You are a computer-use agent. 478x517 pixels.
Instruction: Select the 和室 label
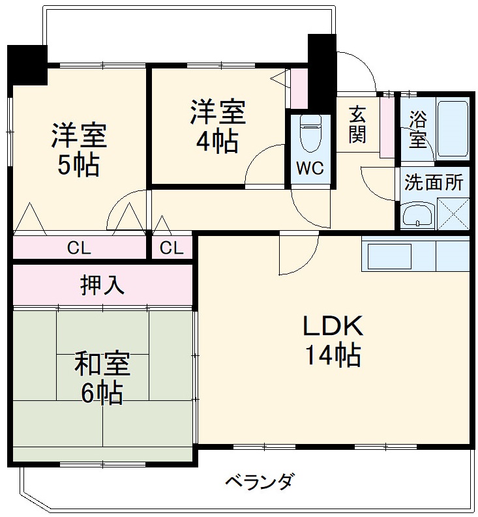click(x=102, y=364)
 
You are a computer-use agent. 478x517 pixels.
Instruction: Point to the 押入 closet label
click(x=102, y=284)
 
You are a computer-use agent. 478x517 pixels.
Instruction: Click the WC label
click(x=310, y=168)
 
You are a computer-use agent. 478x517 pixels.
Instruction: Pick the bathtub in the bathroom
click(x=453, y=128)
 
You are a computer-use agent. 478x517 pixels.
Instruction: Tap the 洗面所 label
click(x=433, y=182)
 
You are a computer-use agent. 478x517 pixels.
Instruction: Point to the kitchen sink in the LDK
click(x=389, y=256)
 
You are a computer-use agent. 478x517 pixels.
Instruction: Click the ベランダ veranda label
click(x=260, y=483)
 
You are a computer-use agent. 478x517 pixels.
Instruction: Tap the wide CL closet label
click(x=80, y=248)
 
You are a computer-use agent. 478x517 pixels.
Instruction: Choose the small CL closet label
click(x=172, y=248)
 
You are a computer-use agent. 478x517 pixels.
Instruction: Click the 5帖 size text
click(x=78, y=166)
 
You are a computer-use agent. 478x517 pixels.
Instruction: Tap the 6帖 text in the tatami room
click(x=102, y=394)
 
